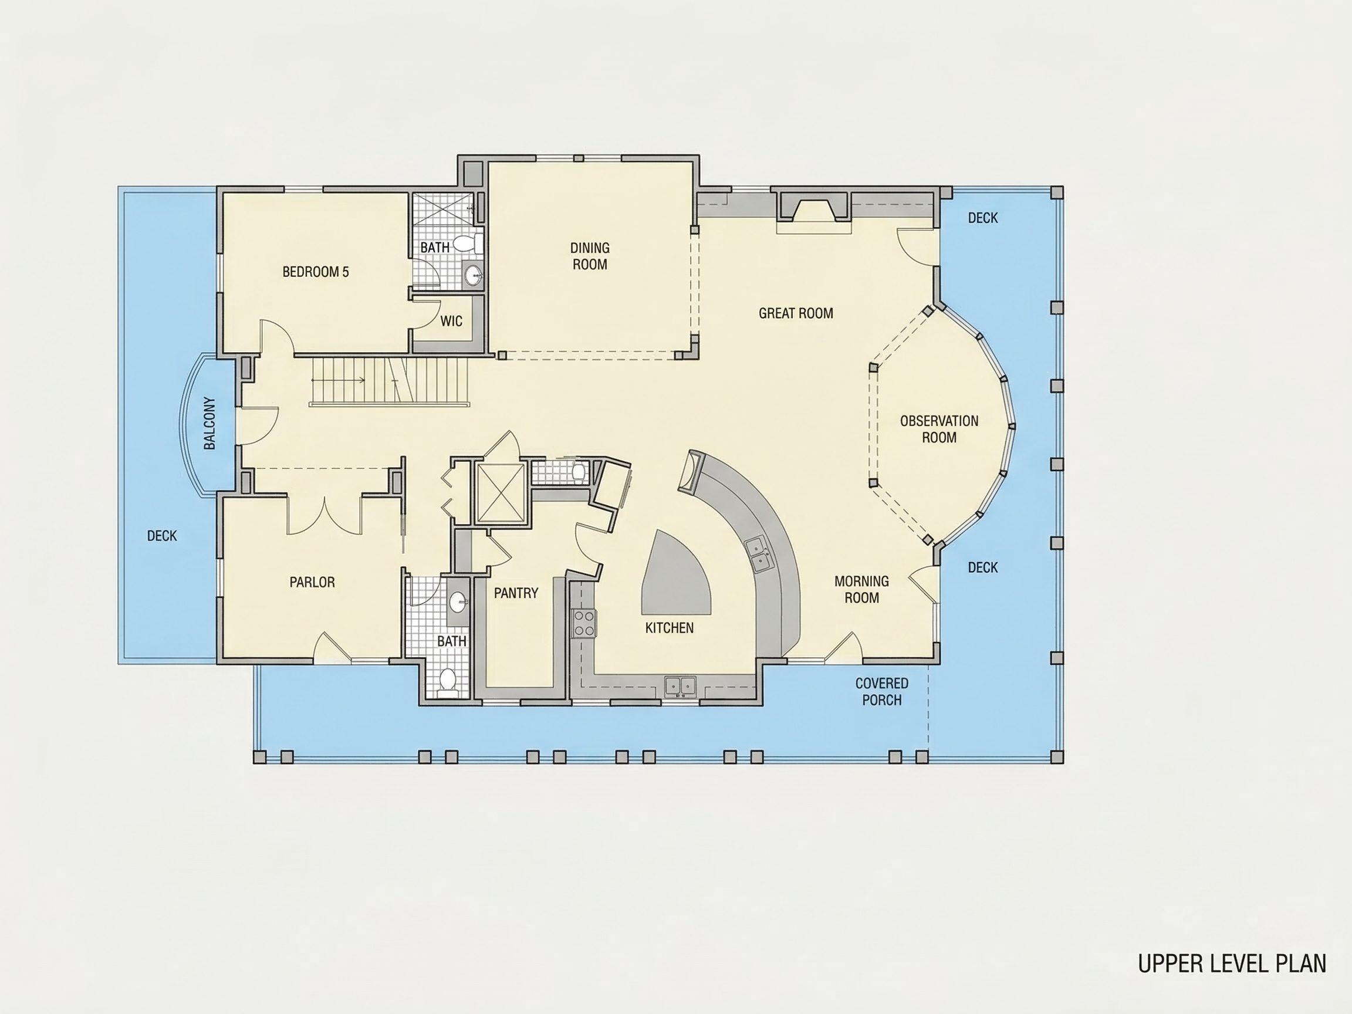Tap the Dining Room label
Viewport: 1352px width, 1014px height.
pyautogui.click(x=590, y=256)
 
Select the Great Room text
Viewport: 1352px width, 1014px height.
pyautogui.click(x=796, y=313)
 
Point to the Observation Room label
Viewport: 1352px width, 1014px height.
pyautogui.click(x=939, y=429)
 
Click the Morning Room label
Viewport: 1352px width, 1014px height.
pyautogui.click(x=862, y=589)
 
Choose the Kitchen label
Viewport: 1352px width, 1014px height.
pyautogui.click(x=670, y=628)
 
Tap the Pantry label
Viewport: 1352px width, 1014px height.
pyautogui.click(x=516, y=593)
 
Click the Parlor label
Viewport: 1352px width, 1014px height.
pyautogui.click(x=312, y=583)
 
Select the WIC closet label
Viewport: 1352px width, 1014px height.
pyautogui.click(x=451, y=322)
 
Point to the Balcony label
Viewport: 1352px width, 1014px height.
pyautogui.click(x=209, y=424)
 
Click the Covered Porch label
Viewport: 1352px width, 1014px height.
pyautogui.click(x=881, y=691)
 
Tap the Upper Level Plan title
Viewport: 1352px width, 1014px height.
pyautogui.click(x=1232, y=964)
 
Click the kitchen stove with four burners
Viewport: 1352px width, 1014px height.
pyautogui.click(x=584, y=623)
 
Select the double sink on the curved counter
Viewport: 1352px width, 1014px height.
pyautogui.click(x=759, y=553)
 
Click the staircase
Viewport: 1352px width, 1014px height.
pyautogui.click(x=390, y=381)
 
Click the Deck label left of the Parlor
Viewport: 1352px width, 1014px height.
pyautogui.click(x=162, y=536)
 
